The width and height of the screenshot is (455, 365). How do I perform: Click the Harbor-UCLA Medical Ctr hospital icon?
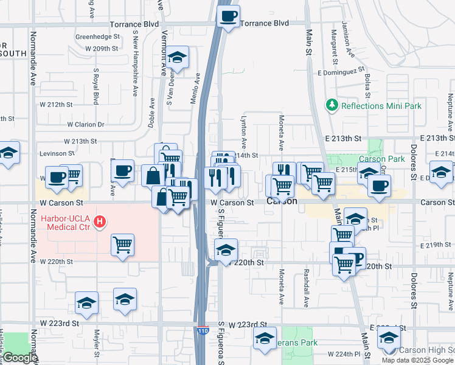(x=98, y=222)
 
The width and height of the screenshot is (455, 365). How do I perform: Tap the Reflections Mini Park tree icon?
(x=332, y=105)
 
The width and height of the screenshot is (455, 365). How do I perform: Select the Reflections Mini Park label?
(x=381, y=105)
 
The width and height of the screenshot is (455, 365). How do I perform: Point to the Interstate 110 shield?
(x=203, y=331)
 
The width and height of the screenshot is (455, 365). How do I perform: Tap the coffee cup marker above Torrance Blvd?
(x=229, y=16)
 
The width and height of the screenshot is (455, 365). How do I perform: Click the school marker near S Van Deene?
(x=177, y=58)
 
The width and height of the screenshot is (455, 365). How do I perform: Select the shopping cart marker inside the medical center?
(x=123, y=245)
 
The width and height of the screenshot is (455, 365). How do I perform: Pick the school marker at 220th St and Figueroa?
(x=226, y=250)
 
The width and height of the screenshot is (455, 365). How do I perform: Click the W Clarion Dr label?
(x=86, y=124)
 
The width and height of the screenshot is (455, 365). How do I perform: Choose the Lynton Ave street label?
(x=243, y=133)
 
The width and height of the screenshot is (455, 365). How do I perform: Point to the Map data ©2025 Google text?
(x=417, y=360)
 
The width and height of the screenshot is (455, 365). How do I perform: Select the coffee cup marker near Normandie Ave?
(x=57, y=177)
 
